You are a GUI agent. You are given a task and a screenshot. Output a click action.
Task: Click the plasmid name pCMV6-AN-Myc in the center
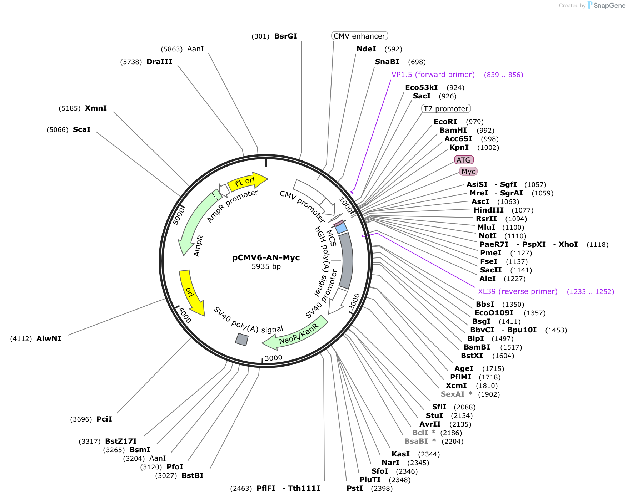pyautogui.click(x=266, y=257)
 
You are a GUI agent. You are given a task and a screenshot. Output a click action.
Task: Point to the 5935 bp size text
pyautogui.click(x=266, y=266)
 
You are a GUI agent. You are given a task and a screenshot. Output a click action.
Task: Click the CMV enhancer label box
pyautogui.click(x=359, y=36)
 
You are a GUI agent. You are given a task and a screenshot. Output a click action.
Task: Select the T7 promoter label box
pyautogui.click(x=446, y=109)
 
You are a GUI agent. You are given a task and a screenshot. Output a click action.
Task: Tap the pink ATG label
pyautogui.click(x=464, y=160)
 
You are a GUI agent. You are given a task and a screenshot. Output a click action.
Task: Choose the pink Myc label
pyautogui.click(x=468, y=172)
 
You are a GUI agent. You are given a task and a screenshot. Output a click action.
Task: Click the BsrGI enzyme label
pyautogui.click(x=286, y=36)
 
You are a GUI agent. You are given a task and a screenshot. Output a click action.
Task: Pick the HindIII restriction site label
pyautogui.click(x=489, y=210)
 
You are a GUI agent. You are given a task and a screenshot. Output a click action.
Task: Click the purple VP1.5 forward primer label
pyautogui.click(x=433, y=75)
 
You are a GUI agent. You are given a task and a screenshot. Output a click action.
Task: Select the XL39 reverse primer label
pyautogui.click(x=518, y=291)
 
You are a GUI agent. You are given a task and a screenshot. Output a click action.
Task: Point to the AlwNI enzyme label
pyautogui.click(x=49, y=338)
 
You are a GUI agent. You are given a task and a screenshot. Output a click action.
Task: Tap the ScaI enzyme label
pyautogui.click(x=82, y=129)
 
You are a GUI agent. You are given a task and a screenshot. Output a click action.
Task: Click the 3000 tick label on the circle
pyautogui.click(x=274, y=358)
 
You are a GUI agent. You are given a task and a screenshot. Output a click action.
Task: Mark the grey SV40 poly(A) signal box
pyautogui.click(x=241, y=340)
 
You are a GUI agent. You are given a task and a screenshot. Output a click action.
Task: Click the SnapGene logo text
pyautogui.click(x=609, y=5)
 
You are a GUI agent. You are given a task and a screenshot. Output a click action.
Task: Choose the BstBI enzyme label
pyautogui.click(x=193, y=475)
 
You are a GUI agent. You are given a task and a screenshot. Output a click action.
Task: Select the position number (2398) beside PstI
pyautogui.click(x=382, y=489)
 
